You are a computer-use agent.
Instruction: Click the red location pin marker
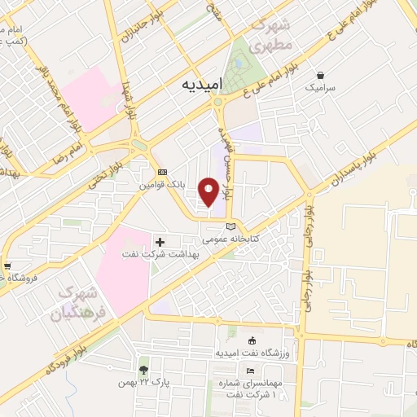point(208,191)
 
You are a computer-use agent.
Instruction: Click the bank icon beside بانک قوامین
point(162,173)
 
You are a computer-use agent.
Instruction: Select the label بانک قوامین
point(162,186)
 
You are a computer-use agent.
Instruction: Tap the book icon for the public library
point(230,226)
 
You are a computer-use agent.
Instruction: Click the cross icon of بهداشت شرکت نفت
point(160,242)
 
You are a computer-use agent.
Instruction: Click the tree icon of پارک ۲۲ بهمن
point(144,371)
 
